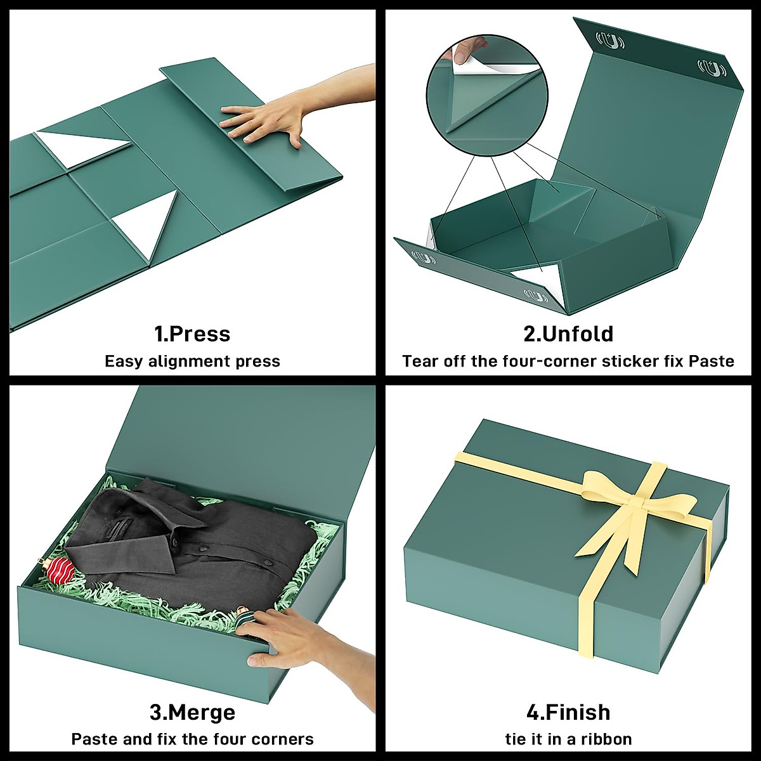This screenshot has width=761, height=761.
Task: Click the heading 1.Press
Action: [192, 334]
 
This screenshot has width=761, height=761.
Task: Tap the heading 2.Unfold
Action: [568, 334]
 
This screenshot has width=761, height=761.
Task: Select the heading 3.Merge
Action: [192, 712]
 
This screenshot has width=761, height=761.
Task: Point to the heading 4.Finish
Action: [568, 712]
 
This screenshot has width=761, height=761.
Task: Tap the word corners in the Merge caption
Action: [282, 739]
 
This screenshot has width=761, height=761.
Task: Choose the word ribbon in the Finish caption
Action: [608, 739]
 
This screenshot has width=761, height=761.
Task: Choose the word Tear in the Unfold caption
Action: [420, 361]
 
